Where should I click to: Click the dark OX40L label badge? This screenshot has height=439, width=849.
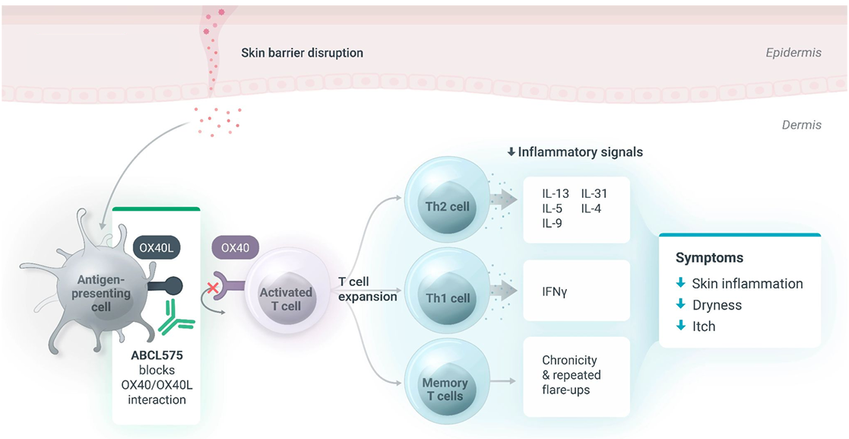point(157,248)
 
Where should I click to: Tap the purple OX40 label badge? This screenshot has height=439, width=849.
point(235,248)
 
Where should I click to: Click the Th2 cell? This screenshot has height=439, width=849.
point(447,205)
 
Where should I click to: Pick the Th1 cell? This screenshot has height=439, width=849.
point(447,297)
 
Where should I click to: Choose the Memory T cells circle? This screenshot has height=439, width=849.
point(445,388)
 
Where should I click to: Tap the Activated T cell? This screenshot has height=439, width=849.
point(286,299)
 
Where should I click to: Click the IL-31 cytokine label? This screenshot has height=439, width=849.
point(594,193)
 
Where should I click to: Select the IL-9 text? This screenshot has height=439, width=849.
point(553,223)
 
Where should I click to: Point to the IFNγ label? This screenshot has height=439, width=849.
point(554,291)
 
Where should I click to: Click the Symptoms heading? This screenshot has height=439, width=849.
point(709,258)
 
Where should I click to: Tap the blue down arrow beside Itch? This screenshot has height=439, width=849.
point(680,326)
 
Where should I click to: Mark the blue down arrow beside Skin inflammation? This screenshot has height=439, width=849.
point(680,284)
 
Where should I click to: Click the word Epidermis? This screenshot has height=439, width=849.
point(794,53)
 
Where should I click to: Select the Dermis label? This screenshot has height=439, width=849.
point(801,125)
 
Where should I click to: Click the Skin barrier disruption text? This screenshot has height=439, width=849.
point(302,53)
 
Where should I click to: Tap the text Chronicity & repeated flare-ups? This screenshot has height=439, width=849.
point(571,375)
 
